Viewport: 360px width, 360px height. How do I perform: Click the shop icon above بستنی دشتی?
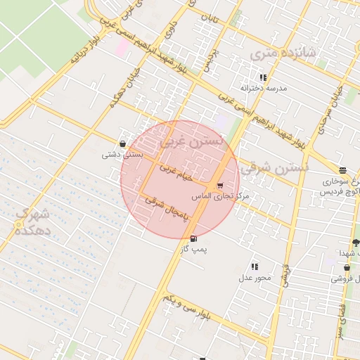[123, 143]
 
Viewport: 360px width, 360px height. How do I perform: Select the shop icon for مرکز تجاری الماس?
[221, 186]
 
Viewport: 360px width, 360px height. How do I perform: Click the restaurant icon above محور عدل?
[254, 266]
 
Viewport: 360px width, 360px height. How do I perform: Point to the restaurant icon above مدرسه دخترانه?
[263, 77]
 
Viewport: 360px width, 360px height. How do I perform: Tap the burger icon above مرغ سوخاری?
[342, 170]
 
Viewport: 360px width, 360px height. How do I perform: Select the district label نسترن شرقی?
[274, 168]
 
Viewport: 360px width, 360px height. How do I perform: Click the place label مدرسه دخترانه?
[263, 89]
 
